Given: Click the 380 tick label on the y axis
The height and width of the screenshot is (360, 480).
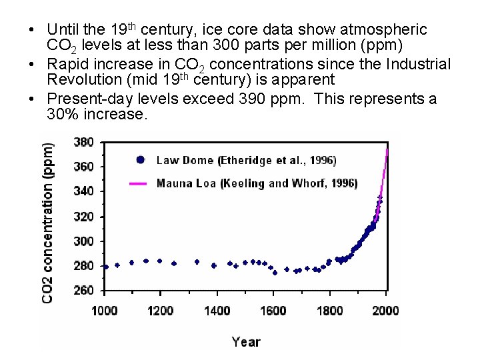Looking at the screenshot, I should click(83, 142).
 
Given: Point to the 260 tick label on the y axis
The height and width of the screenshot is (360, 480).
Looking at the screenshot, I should click(83, 291).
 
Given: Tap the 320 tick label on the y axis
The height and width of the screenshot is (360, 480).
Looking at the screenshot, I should click(83, 217).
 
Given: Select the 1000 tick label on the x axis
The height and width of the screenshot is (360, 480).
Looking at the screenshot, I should click(104, 310).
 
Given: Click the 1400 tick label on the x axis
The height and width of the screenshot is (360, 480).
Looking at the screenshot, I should click(217, 310).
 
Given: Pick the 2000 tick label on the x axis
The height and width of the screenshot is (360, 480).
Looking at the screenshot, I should click(385, 310).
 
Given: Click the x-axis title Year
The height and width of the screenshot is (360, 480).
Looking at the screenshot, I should click(245, 341).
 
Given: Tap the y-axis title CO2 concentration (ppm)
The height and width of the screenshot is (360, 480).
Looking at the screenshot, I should click(49, 220).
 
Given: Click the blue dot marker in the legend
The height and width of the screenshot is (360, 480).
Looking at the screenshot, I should click(139, 160).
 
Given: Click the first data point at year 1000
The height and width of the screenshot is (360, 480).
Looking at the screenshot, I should click(105, 267).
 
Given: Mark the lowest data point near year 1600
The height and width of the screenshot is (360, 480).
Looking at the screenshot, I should click(275, 273).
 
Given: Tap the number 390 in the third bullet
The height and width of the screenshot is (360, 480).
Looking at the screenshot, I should click(278, 99).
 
